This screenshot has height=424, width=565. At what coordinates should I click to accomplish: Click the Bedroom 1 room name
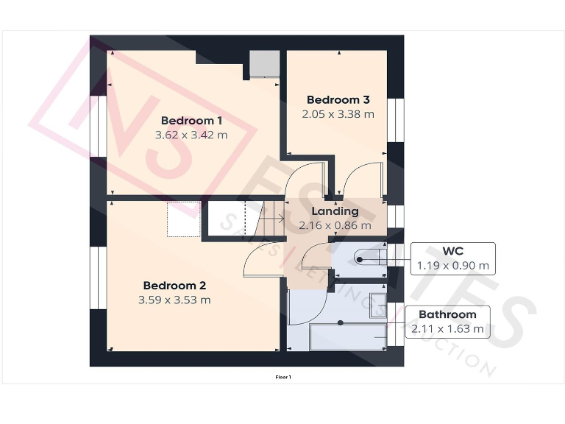(191, 121)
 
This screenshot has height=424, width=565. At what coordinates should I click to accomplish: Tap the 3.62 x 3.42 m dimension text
(191, 135)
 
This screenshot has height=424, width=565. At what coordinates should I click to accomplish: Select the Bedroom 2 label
(174, 286)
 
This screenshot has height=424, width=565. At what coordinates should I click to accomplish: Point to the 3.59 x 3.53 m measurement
(174, 300)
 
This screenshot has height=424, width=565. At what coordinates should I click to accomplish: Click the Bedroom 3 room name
(338, 100)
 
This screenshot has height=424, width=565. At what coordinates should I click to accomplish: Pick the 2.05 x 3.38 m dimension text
(338, 114)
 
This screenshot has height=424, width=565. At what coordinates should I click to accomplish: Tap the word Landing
(335, 211)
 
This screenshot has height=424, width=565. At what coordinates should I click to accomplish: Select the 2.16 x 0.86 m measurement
(335, 226)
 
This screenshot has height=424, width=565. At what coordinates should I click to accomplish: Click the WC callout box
(452, 258)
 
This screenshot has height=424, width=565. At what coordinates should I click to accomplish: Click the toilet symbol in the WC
(369, 257)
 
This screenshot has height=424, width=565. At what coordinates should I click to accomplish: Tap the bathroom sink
(377, 304)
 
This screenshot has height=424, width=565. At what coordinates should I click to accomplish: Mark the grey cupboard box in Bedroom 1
(263, 64)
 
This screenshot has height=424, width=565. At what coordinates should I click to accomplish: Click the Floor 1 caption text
(283, 377)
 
